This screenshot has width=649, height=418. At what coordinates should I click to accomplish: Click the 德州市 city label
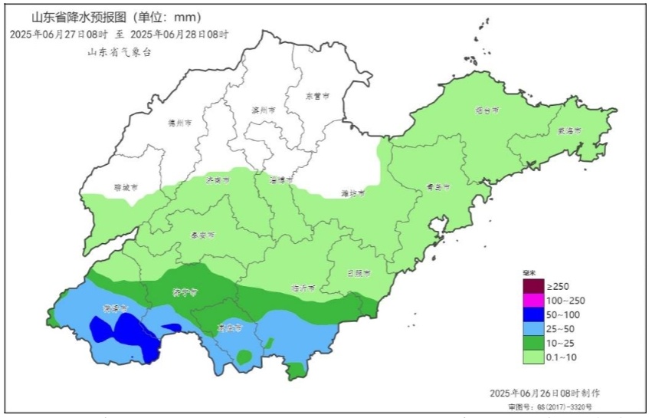click(x=179, y=122)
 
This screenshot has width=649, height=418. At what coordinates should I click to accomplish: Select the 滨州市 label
click(x=263, y=110)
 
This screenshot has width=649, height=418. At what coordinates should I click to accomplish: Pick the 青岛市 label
click(x=438, y=186)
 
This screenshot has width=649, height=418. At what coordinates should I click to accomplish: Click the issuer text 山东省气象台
click(x=120, y=51)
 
